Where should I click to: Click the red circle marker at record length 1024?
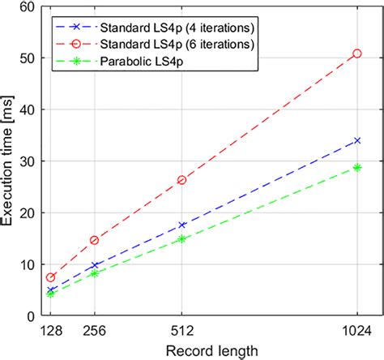pos(357,54)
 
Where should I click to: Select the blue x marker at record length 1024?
pos(357,140)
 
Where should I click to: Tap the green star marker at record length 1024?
pos(357,167)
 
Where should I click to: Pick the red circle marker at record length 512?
pos(181,180)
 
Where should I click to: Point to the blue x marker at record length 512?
pos(181,225)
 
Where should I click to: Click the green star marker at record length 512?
pos(181,239)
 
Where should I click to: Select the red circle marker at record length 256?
pos(94,240)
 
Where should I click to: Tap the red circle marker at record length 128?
pos(50,277)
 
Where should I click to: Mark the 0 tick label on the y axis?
pos(30,315)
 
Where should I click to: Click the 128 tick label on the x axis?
pos(50,331)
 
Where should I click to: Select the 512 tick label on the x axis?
pos(181,331)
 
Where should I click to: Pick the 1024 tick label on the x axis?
pos(357,331)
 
